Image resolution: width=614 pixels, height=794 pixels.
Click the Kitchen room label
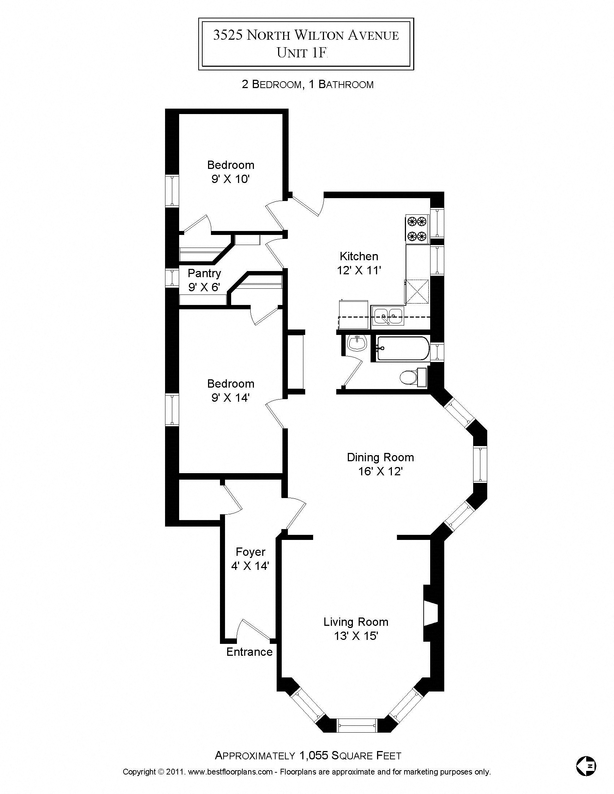(x=359, y=256)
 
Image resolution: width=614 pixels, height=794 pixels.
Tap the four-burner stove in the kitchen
(x=417, y=229)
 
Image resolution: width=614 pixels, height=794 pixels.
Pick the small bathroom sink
(x=356, y=343)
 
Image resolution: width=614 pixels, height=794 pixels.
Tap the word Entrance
(x=249, y=652)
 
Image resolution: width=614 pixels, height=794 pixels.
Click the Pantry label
(x=204, y=273)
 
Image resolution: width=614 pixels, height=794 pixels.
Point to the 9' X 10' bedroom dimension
(x=230, y=179)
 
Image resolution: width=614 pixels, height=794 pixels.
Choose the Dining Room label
(x=380, y=457)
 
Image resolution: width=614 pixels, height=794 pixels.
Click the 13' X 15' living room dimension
(x=356, y=636)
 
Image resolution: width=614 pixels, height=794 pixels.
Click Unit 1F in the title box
(x=302, y=53)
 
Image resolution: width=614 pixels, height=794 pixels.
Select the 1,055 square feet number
(x=313, y=756)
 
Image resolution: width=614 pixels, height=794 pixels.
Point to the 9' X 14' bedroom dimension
(x=230, y=398)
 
